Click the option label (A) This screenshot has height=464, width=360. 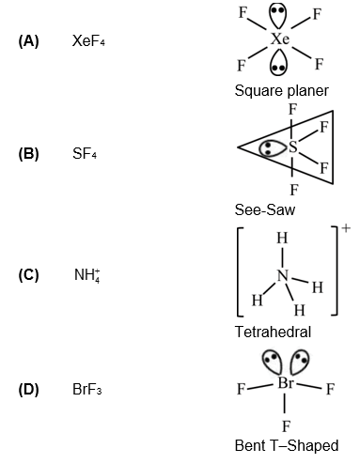pos(28,42)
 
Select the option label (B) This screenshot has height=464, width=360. pos(28,154)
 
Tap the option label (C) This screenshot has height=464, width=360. pos(28,275)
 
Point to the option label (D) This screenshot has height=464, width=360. pos(28,389)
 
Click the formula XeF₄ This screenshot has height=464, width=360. pos(89,42)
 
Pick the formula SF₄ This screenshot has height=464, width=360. pos(85,154)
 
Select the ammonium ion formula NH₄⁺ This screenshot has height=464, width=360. pos(86,274)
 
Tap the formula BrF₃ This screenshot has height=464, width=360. pos(87,389)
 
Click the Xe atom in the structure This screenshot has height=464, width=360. pos(279,39)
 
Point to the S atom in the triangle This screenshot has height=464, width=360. pos(293,147)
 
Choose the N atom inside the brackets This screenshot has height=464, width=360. pos(282,274)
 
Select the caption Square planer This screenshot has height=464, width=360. pos(282,91)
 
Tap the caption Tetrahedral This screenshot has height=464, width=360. pos(274,332)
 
